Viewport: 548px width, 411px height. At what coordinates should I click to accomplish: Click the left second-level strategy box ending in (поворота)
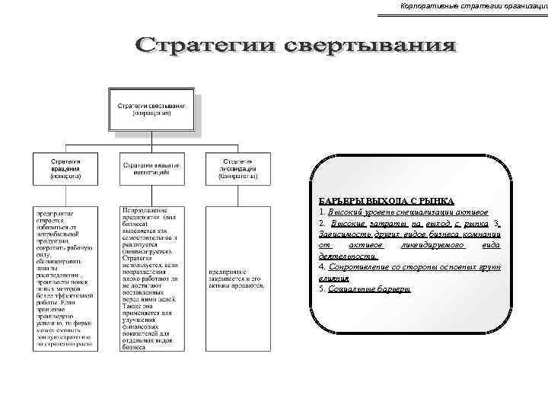(x=65, y=169)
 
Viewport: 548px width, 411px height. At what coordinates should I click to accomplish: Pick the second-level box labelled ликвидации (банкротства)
(x=237, y=169)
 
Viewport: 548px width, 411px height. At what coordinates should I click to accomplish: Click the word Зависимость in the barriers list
(x=346, y=234)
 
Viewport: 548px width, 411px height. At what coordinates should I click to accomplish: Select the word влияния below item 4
(x=334, y=279)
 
